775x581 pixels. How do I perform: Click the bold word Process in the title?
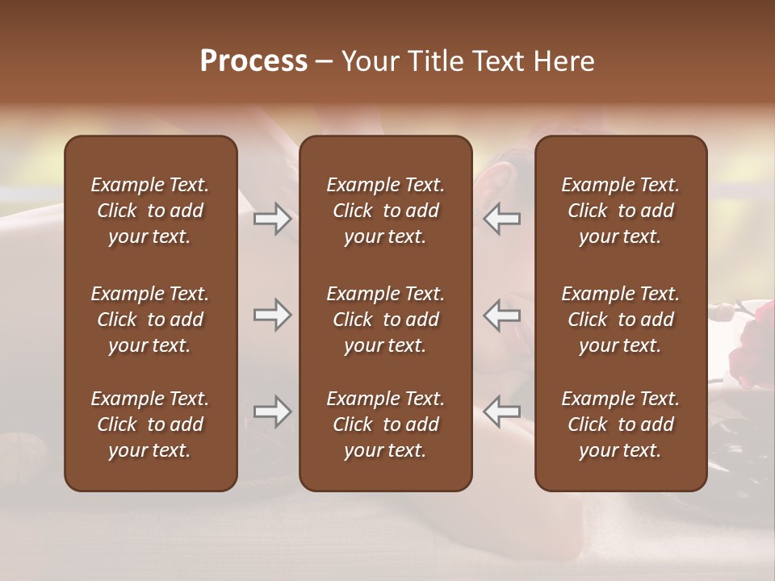click(253, 61)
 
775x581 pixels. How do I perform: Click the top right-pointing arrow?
click(273, 219)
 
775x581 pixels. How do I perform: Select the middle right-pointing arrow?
click(273, 315)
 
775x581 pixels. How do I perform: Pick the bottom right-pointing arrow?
click(273, 412)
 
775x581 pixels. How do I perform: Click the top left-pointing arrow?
click(502, 219)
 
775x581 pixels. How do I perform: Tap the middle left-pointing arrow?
click(502, 315)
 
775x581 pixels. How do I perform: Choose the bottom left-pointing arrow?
click(502, 412)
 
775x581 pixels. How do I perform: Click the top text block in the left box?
click(150, 211)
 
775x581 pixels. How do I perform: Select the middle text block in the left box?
click(150, 320)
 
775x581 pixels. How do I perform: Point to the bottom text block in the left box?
click(150, 424)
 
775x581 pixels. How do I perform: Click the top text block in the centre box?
click(386, 211)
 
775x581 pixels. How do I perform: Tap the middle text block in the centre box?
click(386, 320)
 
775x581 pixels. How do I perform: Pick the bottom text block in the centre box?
click(386, 424)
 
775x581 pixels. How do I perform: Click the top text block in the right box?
click(621, 211)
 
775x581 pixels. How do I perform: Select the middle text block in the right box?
click(621, 320)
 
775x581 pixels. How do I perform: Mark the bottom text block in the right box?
click(621, 424)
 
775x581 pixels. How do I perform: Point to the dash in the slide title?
click(324, 62)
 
